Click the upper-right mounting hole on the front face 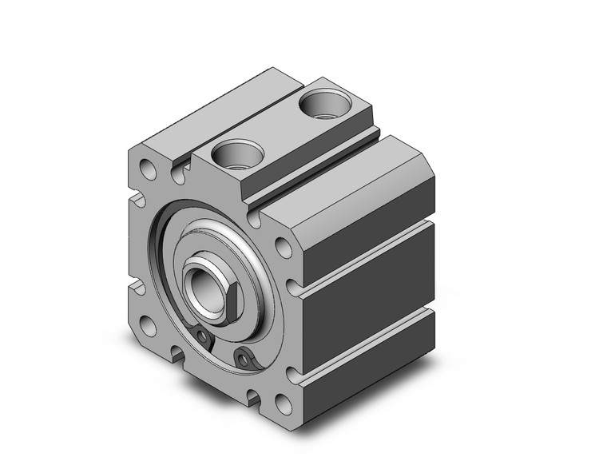(x=283, y=247)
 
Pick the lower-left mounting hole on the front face (x=149, y=324)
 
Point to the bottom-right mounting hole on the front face (x=283, y=402)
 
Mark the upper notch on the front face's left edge (x=137, y=201)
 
